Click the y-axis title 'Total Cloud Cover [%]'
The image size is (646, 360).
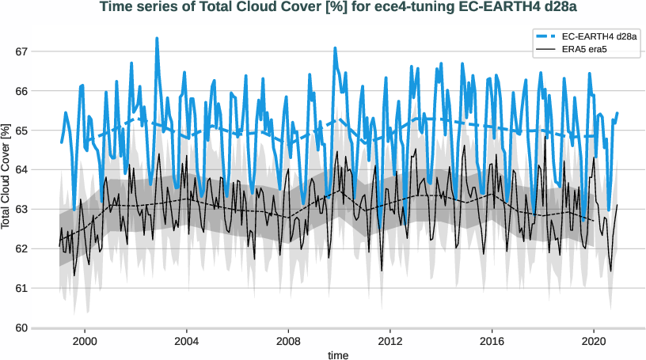click(x=6, y=177)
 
